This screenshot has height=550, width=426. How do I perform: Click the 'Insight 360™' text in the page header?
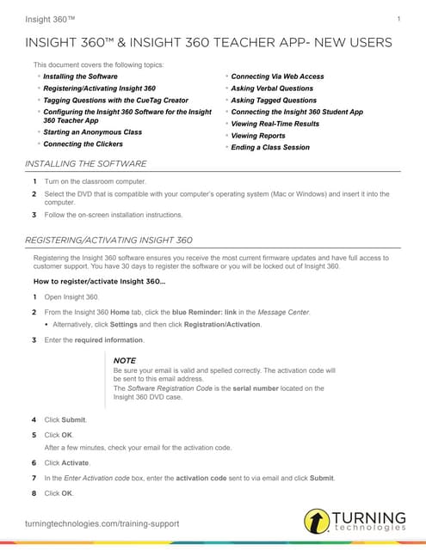[50, 19]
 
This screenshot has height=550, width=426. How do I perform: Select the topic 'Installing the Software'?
[80, 76]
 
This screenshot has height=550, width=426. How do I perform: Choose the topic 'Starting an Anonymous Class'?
[92, 132]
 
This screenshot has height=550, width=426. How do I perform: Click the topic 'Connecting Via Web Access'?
[277, 76]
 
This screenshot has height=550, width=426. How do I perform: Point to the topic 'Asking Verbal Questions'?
[274, 89]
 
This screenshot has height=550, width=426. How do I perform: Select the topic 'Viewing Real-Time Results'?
[275, 124]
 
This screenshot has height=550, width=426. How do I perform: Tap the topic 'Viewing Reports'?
[258, 136]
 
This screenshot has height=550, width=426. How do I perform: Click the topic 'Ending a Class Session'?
[270, 148]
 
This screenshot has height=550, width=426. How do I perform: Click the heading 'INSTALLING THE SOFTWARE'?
[86, 164]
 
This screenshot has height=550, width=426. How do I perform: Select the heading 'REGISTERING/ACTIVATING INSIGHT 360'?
[109, 240]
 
